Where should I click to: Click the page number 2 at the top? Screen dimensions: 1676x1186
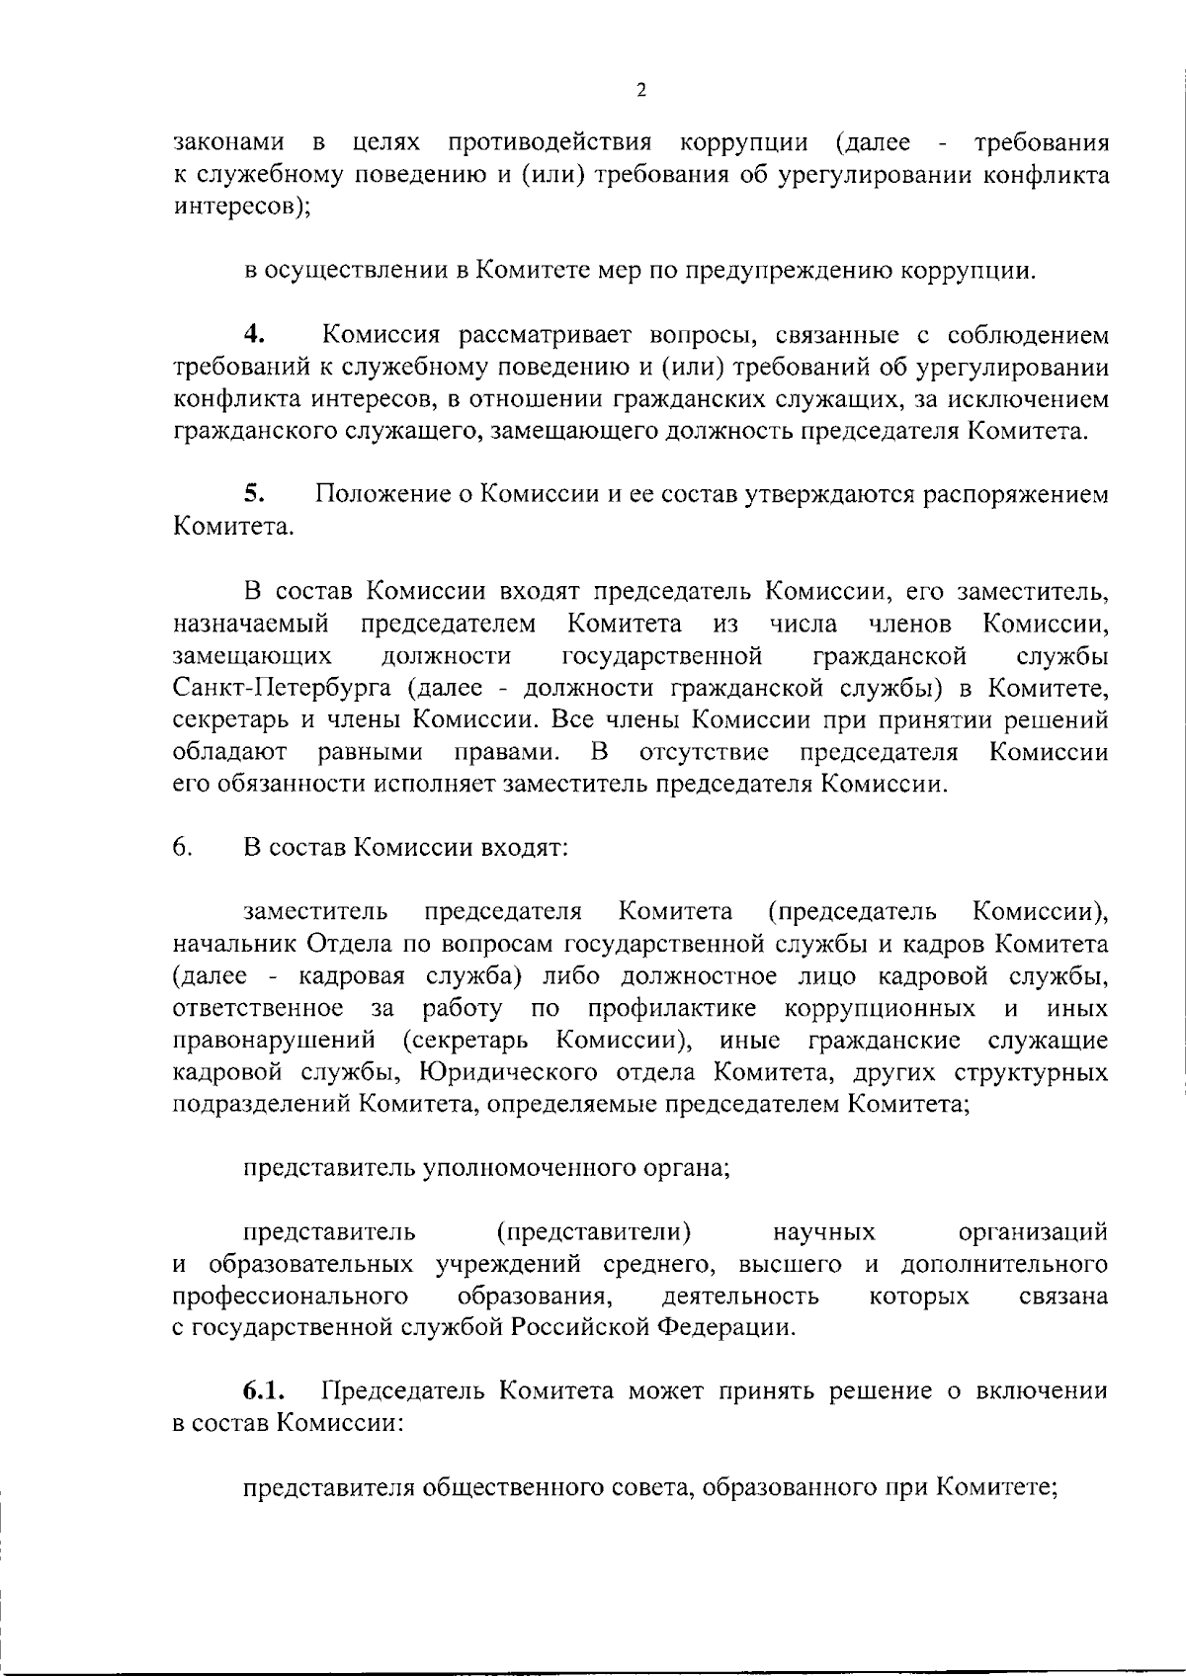(640, 91)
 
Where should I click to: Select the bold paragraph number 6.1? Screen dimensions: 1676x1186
(264, 1391)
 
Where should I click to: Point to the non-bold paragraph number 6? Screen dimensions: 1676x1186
(182, 848)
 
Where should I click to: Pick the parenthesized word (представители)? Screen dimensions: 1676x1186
(593, 1231)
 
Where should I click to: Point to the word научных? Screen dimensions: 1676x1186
(824, 1231)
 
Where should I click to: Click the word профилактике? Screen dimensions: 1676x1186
(672, 1009)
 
